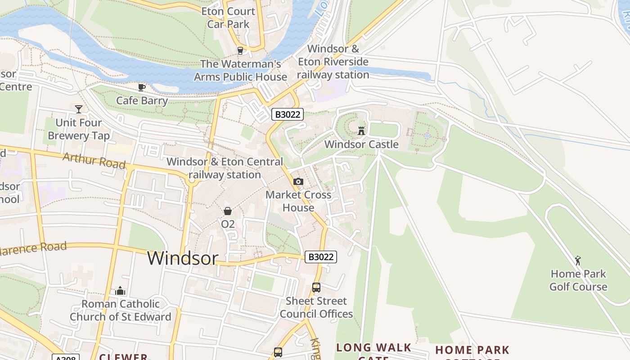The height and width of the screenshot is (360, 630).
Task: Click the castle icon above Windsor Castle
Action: [361, 131]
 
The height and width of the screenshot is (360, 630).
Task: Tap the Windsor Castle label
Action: [361, 144]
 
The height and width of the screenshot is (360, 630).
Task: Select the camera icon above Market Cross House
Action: [298, 181]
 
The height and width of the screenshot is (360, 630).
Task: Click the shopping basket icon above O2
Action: [228, 211]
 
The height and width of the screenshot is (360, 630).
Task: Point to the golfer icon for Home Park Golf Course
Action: [578, 260]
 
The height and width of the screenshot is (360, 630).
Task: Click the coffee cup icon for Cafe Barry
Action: [142, 87]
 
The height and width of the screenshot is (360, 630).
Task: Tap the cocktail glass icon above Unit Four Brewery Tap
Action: [79, 109]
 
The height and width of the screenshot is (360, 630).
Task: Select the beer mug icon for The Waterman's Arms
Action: [240, 50]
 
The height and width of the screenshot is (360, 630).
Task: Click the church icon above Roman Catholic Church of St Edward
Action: [120, 291]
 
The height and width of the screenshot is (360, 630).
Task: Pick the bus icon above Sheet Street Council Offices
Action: [316, 287]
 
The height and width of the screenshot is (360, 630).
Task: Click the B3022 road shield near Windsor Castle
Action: [288, 114]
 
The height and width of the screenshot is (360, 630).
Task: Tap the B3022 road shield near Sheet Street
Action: [321, 257]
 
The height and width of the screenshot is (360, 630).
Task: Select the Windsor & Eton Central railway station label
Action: [225, 168]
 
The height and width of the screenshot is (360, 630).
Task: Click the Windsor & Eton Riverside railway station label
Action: [333, 62]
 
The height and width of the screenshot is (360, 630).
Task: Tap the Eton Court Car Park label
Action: [228, 18]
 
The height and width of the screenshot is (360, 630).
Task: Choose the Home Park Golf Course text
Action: [578, 280]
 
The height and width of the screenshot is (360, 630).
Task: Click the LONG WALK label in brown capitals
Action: [373, 347]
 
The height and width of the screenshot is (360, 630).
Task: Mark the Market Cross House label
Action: [298, 201]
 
